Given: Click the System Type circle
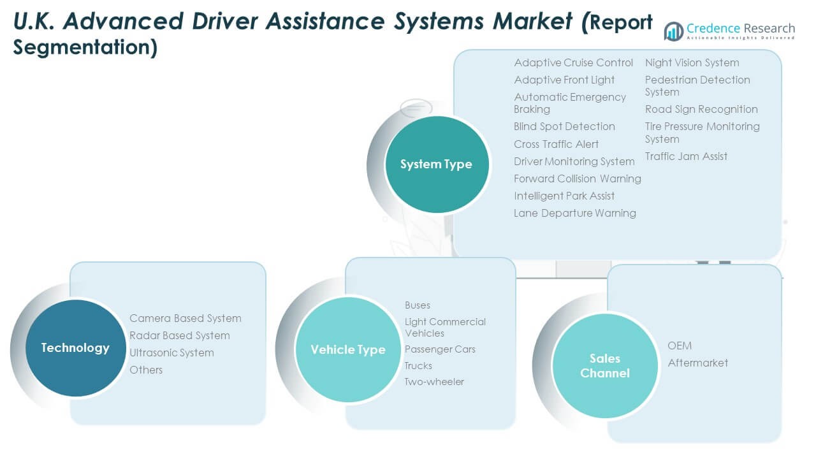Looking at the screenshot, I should pyautogui.click(x=436, y=164).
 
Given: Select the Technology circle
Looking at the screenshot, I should pyautogui.click(x=75, y=348).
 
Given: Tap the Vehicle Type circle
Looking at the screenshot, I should pyautogui.click(x=347, y=349).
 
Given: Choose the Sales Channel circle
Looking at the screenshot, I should pyautogui.click(x=604, y=366).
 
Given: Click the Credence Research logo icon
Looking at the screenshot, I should pyautogui.click(x=673, y=31).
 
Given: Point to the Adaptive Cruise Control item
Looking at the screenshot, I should pyautogui.click(x=573, y=62).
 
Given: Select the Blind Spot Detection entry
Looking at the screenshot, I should pyautogui.click(x=564, y=126).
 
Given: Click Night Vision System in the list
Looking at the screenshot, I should pyautogui.click(x=692, y=62).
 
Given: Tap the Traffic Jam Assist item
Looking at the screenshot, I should pyautogui.click(x=686, y=156).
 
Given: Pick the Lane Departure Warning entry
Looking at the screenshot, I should pyautogui.click(x=574, y=213).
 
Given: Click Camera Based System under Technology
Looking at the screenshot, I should pyautogui.click(x=185, y=318).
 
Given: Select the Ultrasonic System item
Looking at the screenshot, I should pyautogui.click(x=171, y=353).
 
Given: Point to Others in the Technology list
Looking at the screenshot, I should pyautogui.click(x=146, y=370).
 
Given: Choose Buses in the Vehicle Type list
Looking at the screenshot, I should pyautogui.click(x=418, y=305).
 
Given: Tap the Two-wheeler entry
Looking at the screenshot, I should pyautogui.click(x=434, y=382).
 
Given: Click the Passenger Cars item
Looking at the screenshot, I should pyautogui.click(x=440, y=349).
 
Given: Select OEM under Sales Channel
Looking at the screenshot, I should pyautogui.click(x=680, y=346).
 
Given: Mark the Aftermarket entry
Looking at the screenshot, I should pyautogui.click(x=697, y=363).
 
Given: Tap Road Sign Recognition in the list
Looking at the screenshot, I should pyautogui.click(x=701, y=109).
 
